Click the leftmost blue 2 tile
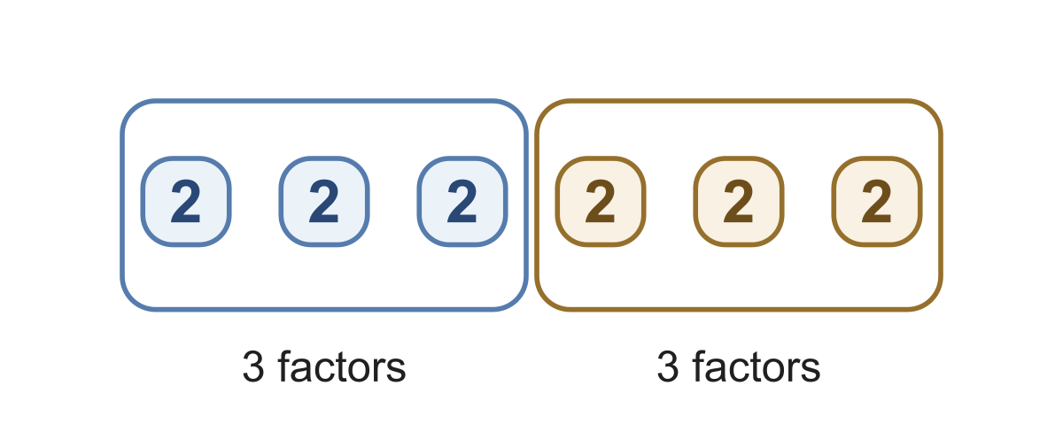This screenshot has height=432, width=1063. coord(186,202)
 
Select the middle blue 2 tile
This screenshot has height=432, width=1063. coord(324,202)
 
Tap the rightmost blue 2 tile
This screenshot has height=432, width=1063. coord(462,202)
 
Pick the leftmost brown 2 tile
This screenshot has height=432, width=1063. coord(601,202)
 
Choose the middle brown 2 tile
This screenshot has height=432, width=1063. coord(739,202)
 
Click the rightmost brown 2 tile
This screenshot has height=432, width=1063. coord(877,202)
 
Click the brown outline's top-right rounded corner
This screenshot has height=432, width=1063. coord(931,110)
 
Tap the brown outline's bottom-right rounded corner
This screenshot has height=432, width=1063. coord(931,301)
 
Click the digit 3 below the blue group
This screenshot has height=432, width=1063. coord(253,366)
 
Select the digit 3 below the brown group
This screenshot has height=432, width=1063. coord(668,366)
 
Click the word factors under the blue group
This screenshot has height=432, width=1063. coord(342,366)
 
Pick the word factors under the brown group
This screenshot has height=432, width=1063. coord(757,366)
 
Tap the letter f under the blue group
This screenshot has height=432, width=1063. coord(284,366)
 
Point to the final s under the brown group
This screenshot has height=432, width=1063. coord(811,370)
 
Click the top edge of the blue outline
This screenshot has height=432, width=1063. coord(324,101)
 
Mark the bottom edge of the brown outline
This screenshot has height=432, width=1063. coord(739,310)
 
